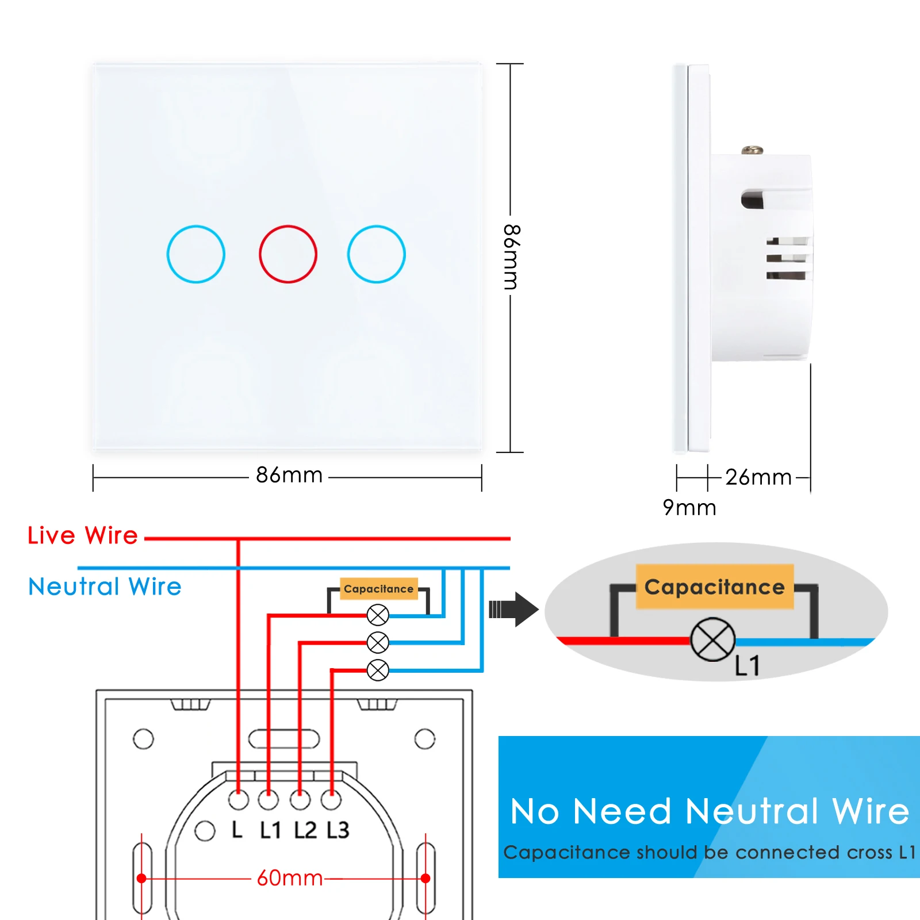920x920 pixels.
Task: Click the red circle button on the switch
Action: click(x=287, y=254)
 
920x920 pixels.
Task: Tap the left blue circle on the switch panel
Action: click(x=195, y=254)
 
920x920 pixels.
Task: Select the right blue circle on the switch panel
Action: click(x=376, y=254)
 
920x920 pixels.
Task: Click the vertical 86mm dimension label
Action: click(x=511, y=257)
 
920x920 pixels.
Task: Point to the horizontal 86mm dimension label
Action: click(x=289, y=476)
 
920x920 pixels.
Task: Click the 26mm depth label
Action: click(x=758, y=477)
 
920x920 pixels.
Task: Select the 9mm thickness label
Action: click(x=689, y=508)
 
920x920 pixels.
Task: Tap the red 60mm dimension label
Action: click(x=290, y=878)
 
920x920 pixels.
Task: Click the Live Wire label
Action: click(x=83, y=535)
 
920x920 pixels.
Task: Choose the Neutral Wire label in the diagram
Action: click(x=105, y=586)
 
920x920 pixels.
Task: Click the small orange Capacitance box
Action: click(x=378, y=589)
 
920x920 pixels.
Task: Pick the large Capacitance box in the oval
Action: click(x=715, y=587)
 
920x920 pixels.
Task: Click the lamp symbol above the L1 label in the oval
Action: click(x=712, y=639)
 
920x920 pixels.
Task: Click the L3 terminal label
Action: click(x=338, y=830)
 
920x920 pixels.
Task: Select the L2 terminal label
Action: click(x=305, y=830)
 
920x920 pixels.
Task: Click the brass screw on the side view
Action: click(x=752, y=151)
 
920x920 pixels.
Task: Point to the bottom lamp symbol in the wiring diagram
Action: click(x=378, y=670)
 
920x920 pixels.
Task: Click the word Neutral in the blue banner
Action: click(x=752, y=812)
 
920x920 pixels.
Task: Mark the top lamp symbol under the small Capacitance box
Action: click(x=378, y=615)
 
